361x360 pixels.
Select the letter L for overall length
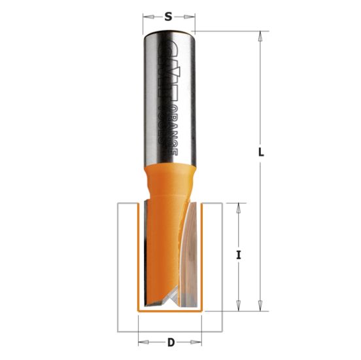pos(261,152)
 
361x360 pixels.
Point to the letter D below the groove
pos(171,341)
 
